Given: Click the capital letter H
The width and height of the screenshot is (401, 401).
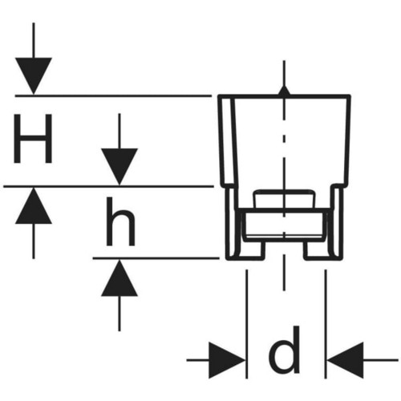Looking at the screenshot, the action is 33,139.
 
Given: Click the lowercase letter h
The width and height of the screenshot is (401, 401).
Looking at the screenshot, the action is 120,222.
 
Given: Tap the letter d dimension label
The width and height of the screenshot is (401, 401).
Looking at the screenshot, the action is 285,350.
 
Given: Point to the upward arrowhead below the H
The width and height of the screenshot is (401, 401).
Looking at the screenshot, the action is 34,206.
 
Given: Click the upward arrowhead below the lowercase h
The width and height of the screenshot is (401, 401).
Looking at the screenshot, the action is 119,278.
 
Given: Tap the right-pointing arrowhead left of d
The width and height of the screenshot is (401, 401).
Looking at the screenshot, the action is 227,360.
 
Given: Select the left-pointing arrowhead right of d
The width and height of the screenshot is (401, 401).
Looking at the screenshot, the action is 346,360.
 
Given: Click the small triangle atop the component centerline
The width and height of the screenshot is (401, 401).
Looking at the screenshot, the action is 284,91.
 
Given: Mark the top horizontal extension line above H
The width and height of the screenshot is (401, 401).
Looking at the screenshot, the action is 113,95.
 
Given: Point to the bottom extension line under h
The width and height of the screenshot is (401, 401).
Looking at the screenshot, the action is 156,258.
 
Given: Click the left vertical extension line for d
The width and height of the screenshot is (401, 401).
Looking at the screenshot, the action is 246,324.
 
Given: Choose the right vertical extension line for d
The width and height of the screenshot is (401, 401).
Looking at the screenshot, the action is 326,324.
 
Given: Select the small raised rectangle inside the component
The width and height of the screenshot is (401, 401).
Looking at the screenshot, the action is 285,199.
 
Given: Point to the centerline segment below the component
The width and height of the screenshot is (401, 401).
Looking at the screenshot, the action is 284,272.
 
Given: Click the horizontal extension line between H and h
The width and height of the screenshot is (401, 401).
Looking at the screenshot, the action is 108,186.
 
